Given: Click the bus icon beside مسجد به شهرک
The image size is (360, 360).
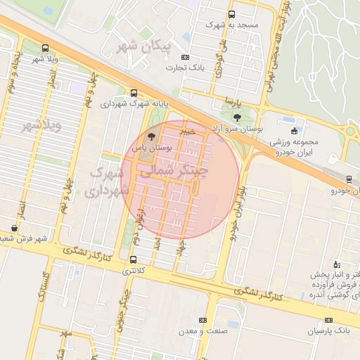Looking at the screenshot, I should [x=232, y=13].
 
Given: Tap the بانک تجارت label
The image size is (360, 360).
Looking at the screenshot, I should [x=184, y=68].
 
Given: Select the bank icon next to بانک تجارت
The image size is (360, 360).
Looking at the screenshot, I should [x=185, y=58].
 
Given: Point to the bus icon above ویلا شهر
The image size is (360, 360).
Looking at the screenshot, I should [x=46, y=49].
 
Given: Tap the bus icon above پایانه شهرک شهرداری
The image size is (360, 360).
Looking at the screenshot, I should [x=134, y=93].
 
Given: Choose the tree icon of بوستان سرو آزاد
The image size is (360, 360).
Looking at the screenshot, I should [x=235, y=117].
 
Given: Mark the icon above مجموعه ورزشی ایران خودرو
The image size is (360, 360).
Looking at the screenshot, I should [x=294, y=131].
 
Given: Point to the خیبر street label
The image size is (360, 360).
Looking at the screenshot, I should [x=187, y=131].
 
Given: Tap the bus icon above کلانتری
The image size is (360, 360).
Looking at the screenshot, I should [x=134, y=259].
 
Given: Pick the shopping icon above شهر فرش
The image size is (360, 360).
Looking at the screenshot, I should [x=15, y=228].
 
